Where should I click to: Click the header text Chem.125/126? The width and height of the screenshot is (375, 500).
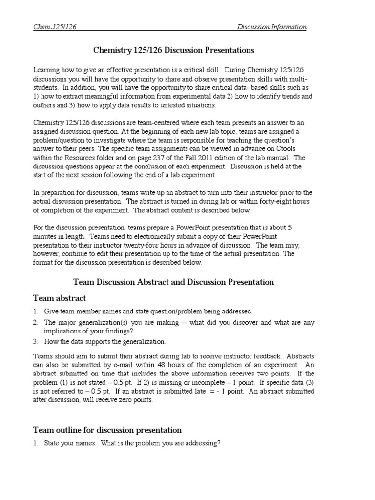(55, 27)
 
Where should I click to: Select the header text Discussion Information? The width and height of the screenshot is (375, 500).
(272, 27)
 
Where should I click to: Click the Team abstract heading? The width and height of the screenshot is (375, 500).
(59, 298)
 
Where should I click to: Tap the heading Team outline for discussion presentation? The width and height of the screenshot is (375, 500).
(107, 430)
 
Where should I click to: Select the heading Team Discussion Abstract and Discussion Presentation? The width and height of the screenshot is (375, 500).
(173, 282)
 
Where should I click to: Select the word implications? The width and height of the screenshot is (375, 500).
(65, 332)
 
